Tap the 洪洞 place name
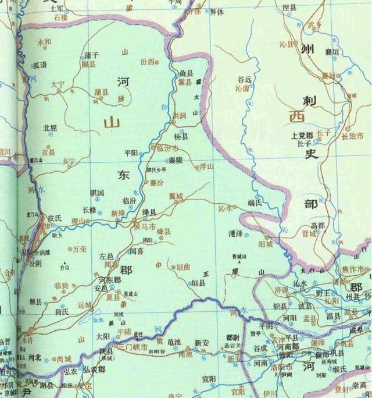tap(180, 116)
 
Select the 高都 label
tap(317, 225)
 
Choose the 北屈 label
tap(50, 127)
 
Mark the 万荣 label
tap(80, 249)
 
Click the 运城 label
tap(84, 304)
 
